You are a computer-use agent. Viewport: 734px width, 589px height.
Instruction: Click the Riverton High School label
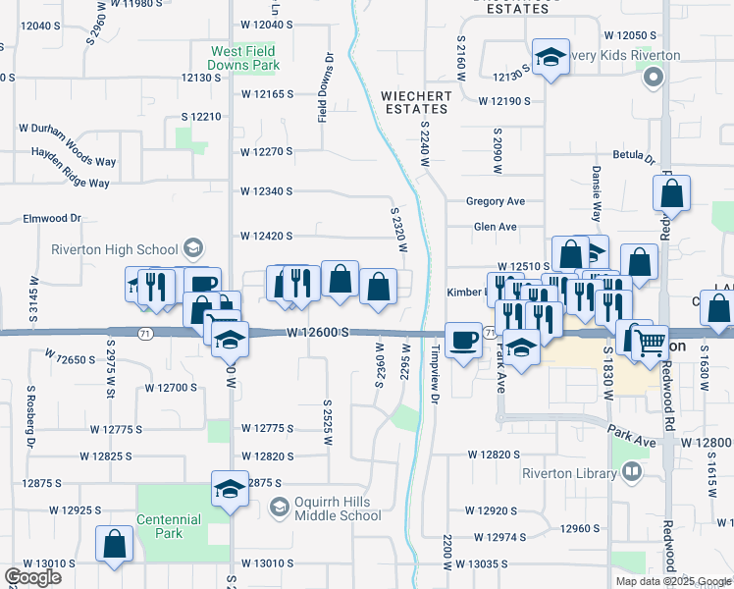pos(115,249)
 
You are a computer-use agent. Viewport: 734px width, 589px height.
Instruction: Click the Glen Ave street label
pos(495,227)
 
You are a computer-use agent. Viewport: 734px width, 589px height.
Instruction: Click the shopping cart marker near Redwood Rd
pos(650,344)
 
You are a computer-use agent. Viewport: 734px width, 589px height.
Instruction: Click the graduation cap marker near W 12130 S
pos(550,57)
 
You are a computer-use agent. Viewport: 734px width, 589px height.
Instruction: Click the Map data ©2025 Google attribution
pos(672,581)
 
